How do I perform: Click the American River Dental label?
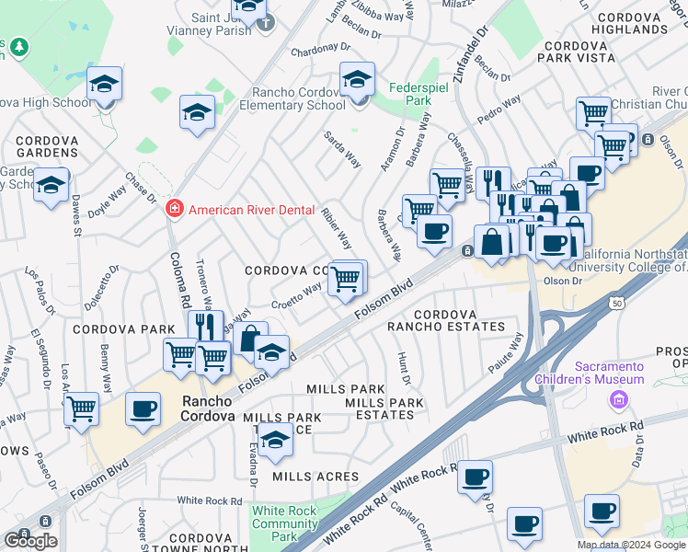tap(251, 210)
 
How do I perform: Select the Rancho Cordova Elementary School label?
tap(300, 98)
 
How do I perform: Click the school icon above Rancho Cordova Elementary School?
tap(357, 80)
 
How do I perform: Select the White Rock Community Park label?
tap(285, 523)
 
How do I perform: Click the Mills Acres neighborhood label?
tap(308, 476)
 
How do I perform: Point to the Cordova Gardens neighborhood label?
tap(46, 145)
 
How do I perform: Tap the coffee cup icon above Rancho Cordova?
tap(143, 409)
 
